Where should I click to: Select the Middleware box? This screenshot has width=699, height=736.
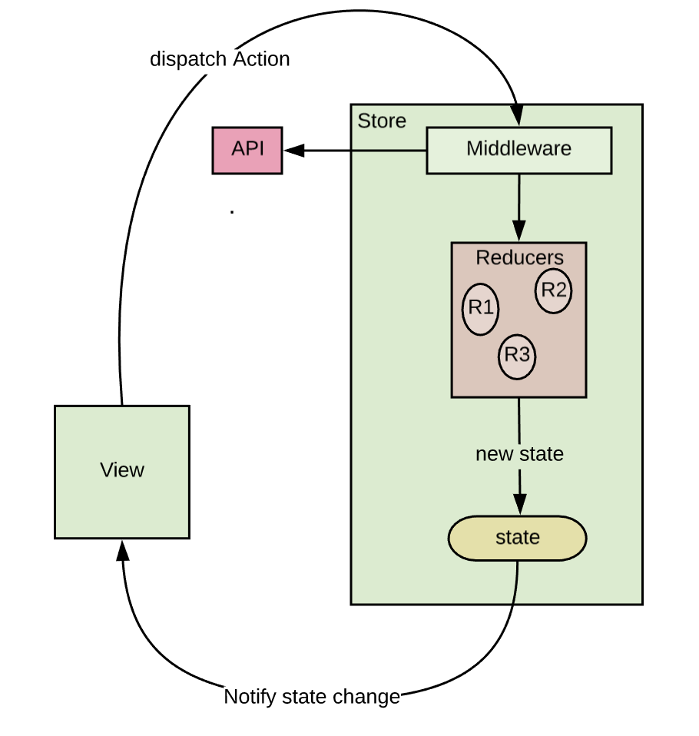(518, 150)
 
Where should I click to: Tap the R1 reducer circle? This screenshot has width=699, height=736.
(480, 309)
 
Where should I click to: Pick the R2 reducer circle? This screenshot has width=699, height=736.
(553, 290)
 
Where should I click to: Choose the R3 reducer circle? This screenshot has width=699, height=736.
(517, 356)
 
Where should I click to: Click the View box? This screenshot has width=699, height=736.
(121, 471)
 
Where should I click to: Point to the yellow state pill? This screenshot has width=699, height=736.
(517, 538)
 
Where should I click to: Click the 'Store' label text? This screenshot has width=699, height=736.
(382, 121)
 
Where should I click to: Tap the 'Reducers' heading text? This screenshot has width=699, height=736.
(519, 257)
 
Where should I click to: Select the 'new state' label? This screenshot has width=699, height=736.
(519, 454)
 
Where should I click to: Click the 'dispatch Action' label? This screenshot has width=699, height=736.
(220, 59)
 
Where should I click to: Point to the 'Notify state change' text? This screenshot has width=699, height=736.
(311, 697)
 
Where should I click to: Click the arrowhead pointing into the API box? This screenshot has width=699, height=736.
(293, 151)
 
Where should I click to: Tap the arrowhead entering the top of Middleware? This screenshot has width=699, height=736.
(517, 117)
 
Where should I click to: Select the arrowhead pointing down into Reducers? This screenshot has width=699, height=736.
(518, 231)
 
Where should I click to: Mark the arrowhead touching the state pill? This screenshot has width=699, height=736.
(520, 505)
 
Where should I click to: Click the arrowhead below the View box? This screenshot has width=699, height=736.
(122, 550)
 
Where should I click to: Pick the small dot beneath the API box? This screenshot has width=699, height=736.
(232, 211)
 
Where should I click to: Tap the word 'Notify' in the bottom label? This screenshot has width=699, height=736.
(250, 697)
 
